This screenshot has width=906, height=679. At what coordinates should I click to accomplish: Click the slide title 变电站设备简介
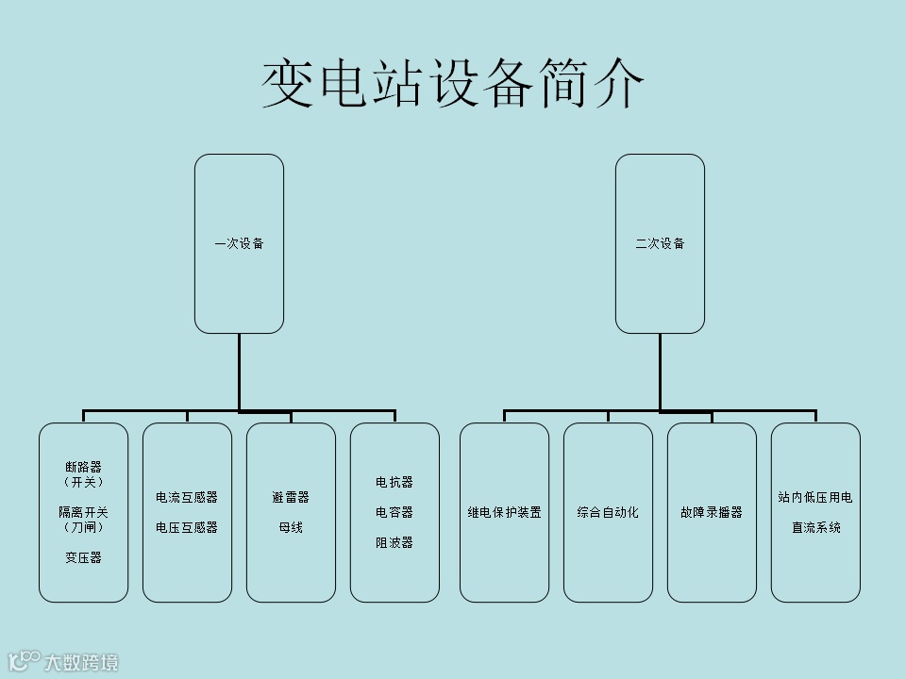tap(453, 85)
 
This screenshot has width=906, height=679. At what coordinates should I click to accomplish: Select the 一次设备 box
tap(239, 243)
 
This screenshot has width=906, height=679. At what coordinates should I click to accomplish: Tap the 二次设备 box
tap(660, 243)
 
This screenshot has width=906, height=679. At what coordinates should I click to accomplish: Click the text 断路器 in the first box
tap(83, 467)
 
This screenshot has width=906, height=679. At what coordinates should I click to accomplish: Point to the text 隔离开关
tap(83, 512)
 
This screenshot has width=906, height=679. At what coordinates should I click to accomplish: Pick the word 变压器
tap(83, 557)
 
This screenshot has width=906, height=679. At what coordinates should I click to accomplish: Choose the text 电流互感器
tap(187, 497)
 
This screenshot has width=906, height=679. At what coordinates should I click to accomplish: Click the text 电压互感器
tap(187, 527)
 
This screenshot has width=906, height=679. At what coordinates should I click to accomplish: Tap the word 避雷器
tap(291, 497)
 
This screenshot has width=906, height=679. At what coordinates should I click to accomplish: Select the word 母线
tap(291, 527)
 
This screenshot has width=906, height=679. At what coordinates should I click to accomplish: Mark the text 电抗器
tap(394, 482)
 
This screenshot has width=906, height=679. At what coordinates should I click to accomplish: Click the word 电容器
tap(394, 512)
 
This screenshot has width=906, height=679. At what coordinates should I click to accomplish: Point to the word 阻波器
tap(394, 542)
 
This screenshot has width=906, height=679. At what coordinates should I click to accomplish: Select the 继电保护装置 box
tap(504, 512)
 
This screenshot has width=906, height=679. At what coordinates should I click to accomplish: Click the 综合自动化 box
tap(608, 512)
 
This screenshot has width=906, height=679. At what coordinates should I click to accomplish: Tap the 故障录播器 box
tap(712, 512)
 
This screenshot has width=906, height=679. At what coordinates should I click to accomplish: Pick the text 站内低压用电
tap(815, 497)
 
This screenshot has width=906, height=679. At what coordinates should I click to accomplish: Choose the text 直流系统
tap(815, 527)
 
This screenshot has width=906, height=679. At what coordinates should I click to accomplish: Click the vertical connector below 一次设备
tap(239, 373)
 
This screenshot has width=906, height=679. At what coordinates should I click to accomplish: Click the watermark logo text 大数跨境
tap(81, 662)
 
